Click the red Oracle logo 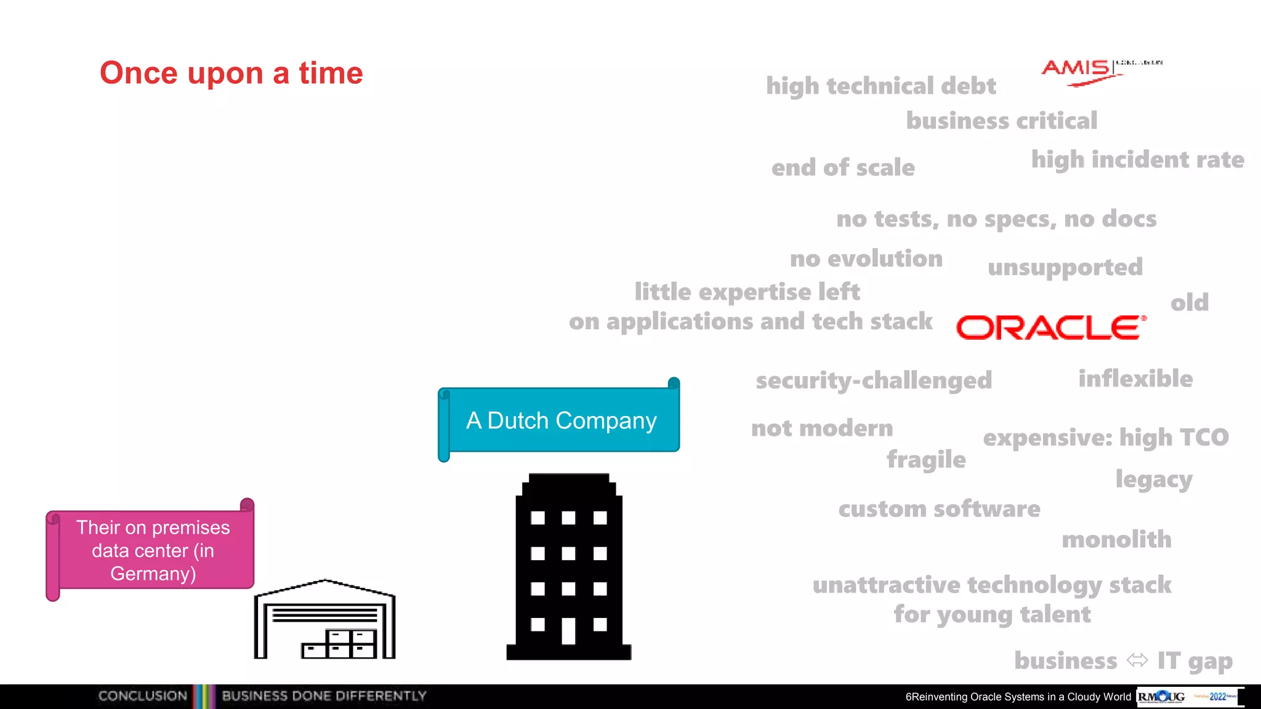click(1051, 327)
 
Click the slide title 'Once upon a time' click(232, 73)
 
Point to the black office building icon click(568, 566)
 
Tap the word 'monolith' click(1116, 540)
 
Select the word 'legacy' click(1154, 479)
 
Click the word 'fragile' click(926, 460)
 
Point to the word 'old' click(1190, 303)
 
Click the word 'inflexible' click(1135, 379)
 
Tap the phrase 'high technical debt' click(880, 86)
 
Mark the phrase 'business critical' click(1001, 121)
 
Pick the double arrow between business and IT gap click(1137, 660)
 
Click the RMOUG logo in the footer click(1161, 697)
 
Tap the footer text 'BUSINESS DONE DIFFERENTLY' click(324, 696)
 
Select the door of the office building click(568, 631)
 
